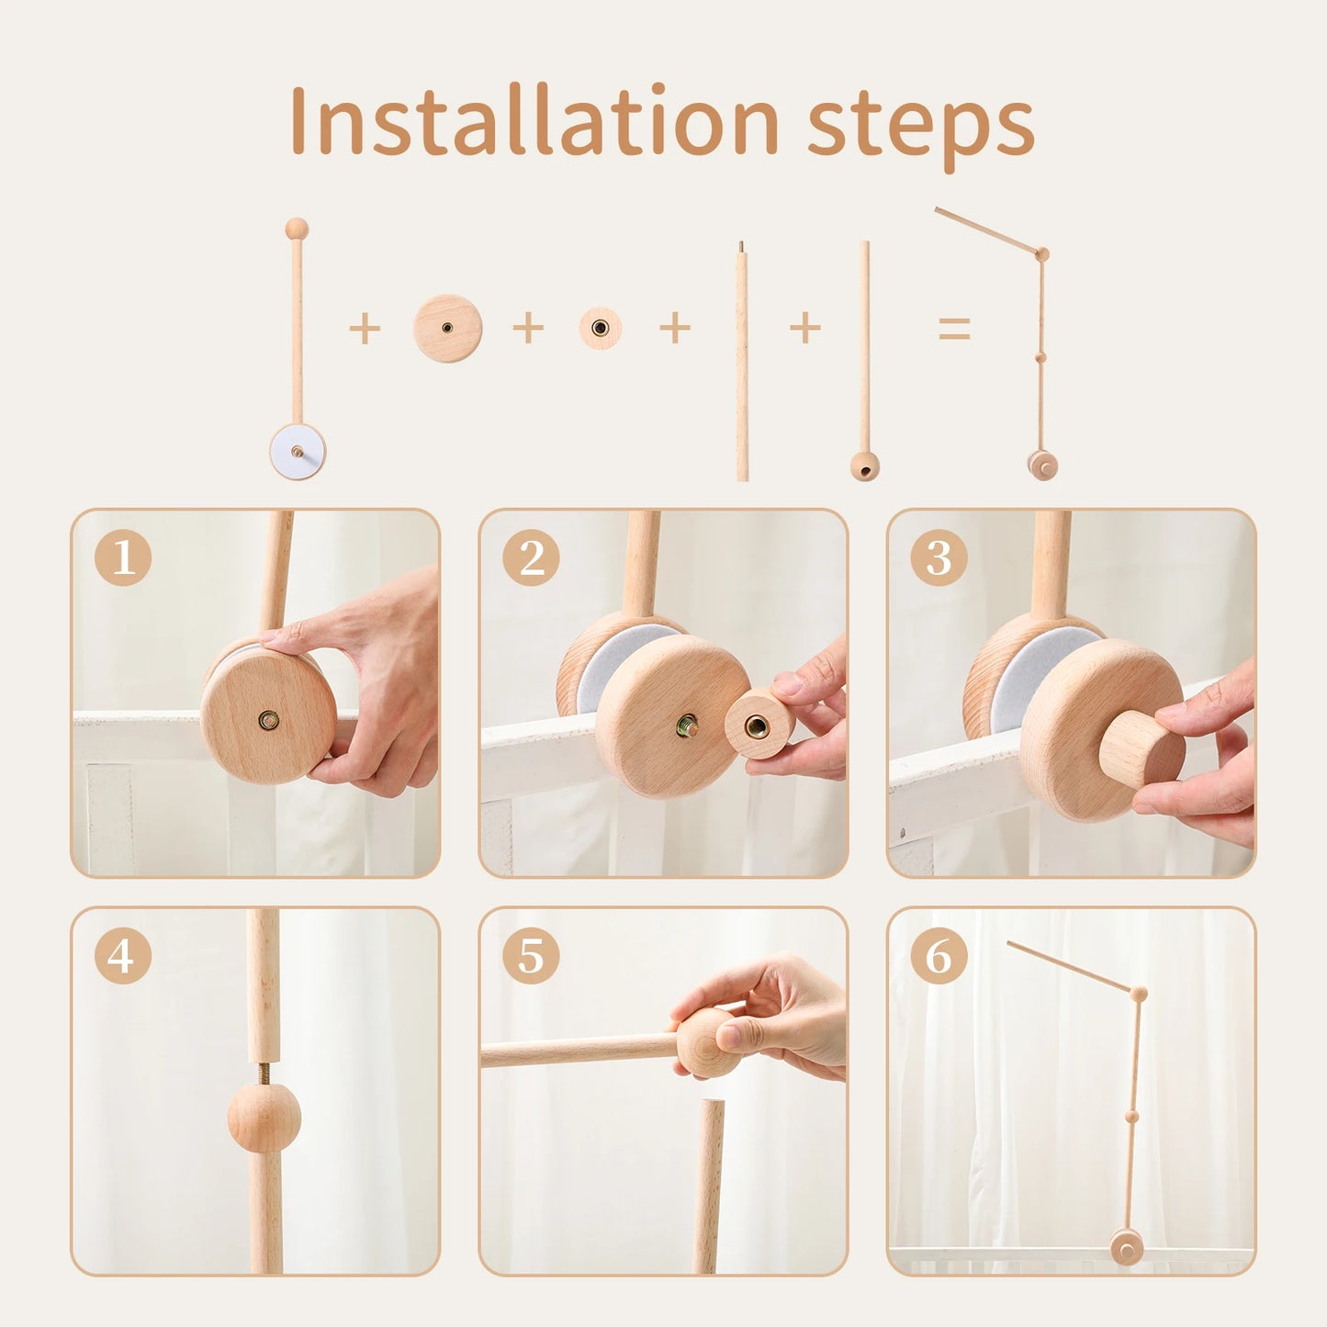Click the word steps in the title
920,126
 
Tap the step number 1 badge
123,557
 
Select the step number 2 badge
531,557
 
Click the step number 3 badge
939,557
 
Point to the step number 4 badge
123,956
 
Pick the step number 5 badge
531,956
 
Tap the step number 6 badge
939,956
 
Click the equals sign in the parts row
954,328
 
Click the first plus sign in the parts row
365,328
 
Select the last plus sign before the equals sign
805,328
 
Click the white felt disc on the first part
298,452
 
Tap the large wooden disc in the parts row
447,328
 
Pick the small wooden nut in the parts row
600,328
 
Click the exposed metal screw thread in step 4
264,1074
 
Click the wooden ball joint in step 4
264,1118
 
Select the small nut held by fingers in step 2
758,725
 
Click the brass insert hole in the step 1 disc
268,720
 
